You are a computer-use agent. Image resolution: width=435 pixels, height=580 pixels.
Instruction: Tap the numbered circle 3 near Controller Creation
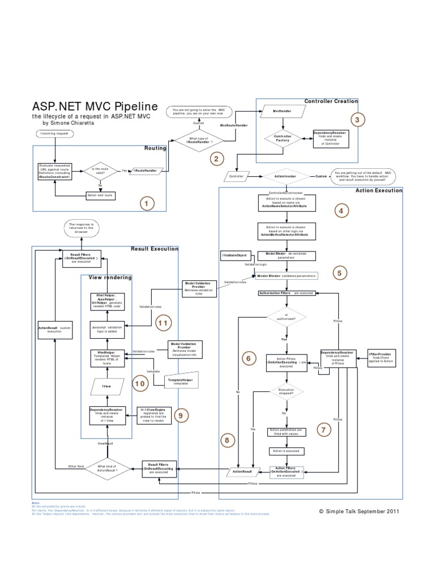point(357,120)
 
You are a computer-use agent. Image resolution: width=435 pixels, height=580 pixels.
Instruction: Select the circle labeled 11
point(163,323)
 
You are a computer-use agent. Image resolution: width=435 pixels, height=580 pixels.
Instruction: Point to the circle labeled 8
point(227,440)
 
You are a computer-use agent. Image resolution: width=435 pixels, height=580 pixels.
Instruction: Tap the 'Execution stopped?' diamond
point(286,393)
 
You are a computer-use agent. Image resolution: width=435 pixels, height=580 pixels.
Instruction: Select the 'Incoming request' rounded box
point(54,134)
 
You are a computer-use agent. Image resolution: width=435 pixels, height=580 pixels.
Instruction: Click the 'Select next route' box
point(101,195)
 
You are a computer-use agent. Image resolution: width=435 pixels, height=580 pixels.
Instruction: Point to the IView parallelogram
point(106,386)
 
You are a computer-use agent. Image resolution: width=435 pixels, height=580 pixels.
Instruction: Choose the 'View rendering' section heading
point(110,278)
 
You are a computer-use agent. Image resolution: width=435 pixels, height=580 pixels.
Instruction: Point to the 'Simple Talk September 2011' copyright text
point(360,510)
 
